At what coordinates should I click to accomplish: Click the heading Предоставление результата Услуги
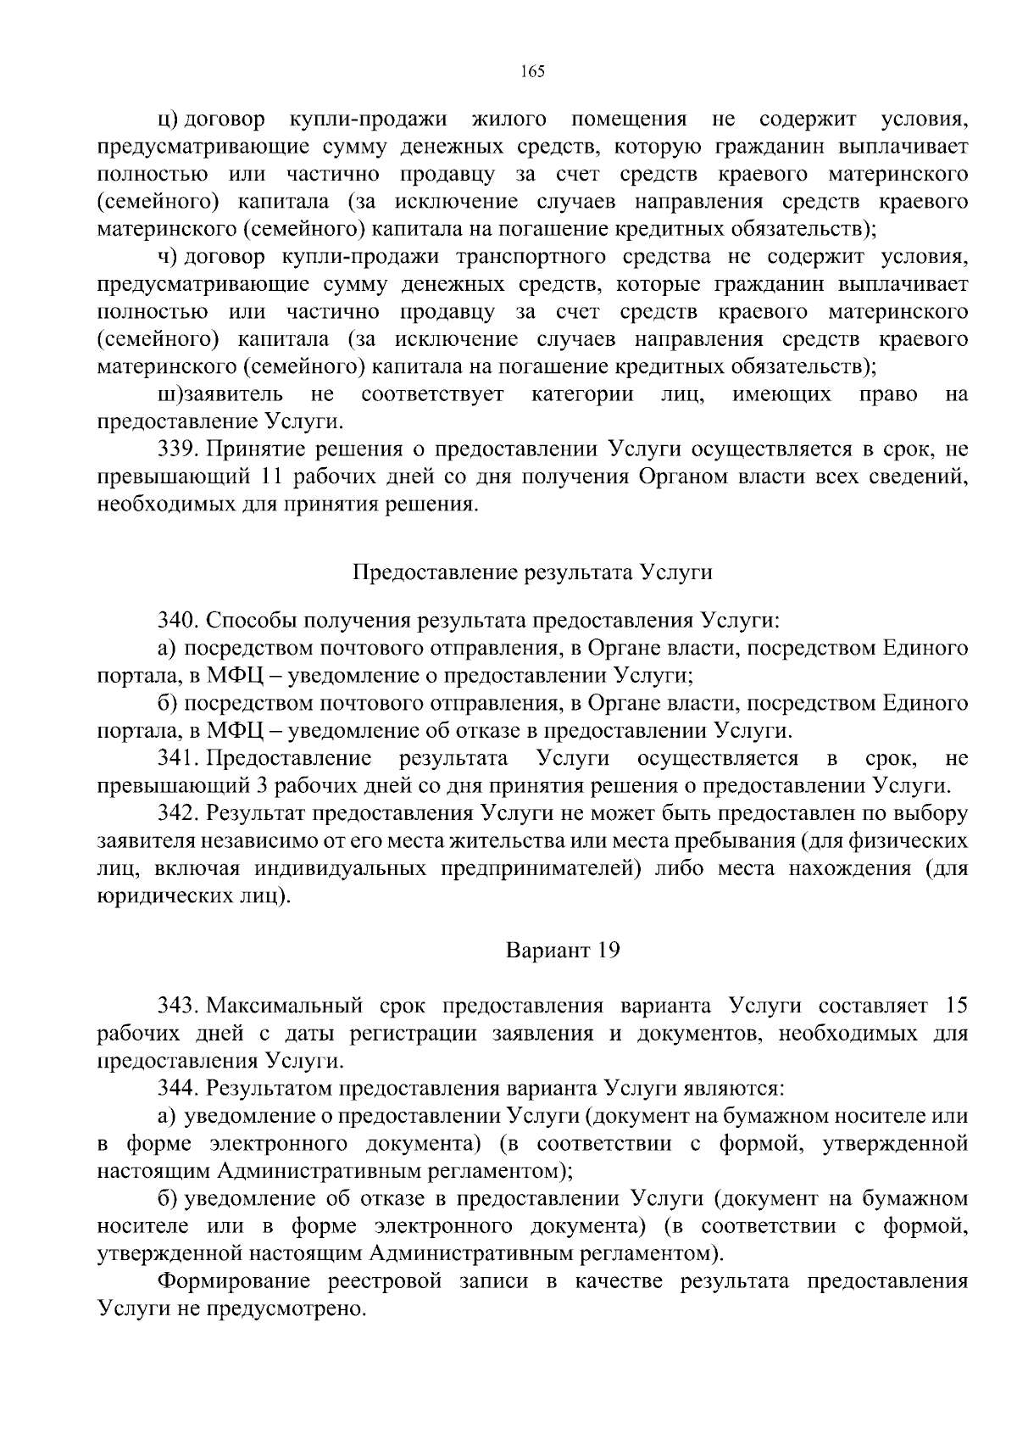532,572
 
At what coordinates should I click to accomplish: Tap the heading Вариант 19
563,950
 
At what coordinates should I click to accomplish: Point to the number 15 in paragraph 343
955,1006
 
